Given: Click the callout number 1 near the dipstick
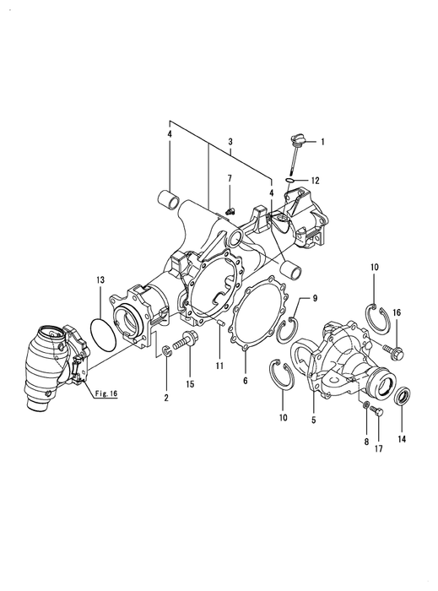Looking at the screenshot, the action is click(322, 142).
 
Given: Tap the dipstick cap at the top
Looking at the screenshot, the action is click(298, 139).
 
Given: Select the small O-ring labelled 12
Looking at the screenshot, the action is click(289, 181).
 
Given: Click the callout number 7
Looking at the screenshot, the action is click(230, 178).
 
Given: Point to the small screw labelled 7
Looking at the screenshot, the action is click(230, 210).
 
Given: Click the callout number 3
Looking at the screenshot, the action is click(230, 142).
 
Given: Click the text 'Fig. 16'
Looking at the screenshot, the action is click(105, 393).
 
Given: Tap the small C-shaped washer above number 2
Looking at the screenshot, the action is click(167, 351).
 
